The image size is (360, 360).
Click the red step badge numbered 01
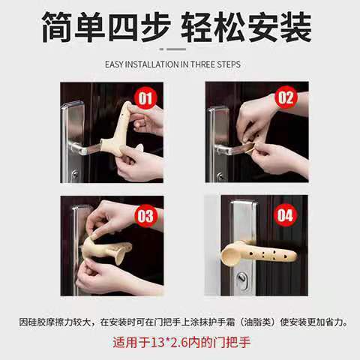click(x=145, y=97)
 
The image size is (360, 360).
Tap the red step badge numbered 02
click(x=286, y=97)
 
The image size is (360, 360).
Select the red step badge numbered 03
click(x=145, y=216)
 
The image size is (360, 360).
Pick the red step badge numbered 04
click(x=285, y=215)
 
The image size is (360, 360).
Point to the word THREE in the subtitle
click(x=202, y=64)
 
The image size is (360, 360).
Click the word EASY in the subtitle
click(x=114, y=64)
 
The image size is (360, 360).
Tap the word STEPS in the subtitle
click(x=229, y=64)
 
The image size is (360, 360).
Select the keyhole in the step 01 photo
click(x=75, y=174)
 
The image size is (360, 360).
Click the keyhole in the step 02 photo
click(x=220, y=176)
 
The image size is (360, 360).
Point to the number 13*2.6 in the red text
click(x=169, y=342)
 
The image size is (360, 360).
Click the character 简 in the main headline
click(x=58, y=26)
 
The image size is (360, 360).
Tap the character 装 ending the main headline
click(x=296, y=26)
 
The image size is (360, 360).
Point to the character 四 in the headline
click(x=123, y=26)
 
